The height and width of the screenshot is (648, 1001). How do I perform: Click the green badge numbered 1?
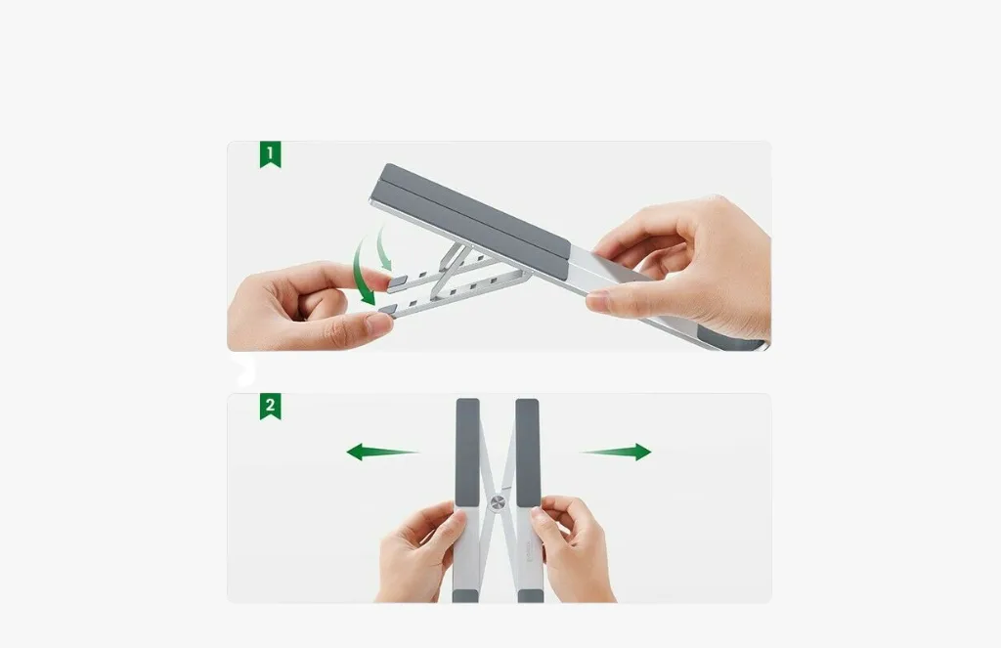270,155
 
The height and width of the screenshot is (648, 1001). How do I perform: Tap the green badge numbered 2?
270,407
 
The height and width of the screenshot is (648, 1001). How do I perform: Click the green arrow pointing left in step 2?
382,452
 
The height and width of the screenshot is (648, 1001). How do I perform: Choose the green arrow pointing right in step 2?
616,452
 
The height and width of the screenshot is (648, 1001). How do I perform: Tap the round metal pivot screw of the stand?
498,505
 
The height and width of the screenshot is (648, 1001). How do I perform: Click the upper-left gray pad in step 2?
468,453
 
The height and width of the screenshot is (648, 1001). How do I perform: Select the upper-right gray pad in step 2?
527,453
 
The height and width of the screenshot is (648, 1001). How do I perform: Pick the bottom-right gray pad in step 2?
531,596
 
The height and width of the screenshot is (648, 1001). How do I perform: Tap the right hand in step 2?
574,550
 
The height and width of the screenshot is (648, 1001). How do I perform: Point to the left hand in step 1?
306,307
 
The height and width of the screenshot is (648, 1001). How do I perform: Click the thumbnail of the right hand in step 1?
598,301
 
